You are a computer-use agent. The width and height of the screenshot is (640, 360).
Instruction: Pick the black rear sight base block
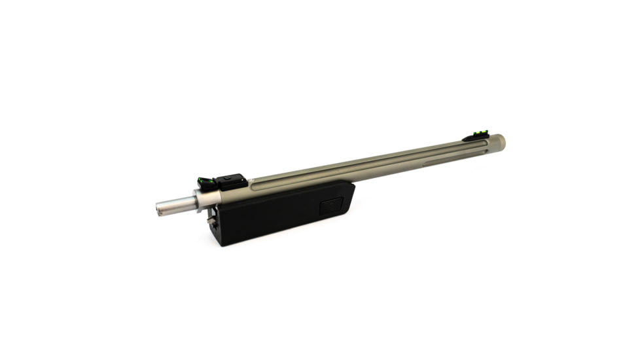[x=230, y=181]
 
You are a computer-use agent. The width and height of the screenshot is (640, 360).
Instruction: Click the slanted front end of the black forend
[x=351, y=196]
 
